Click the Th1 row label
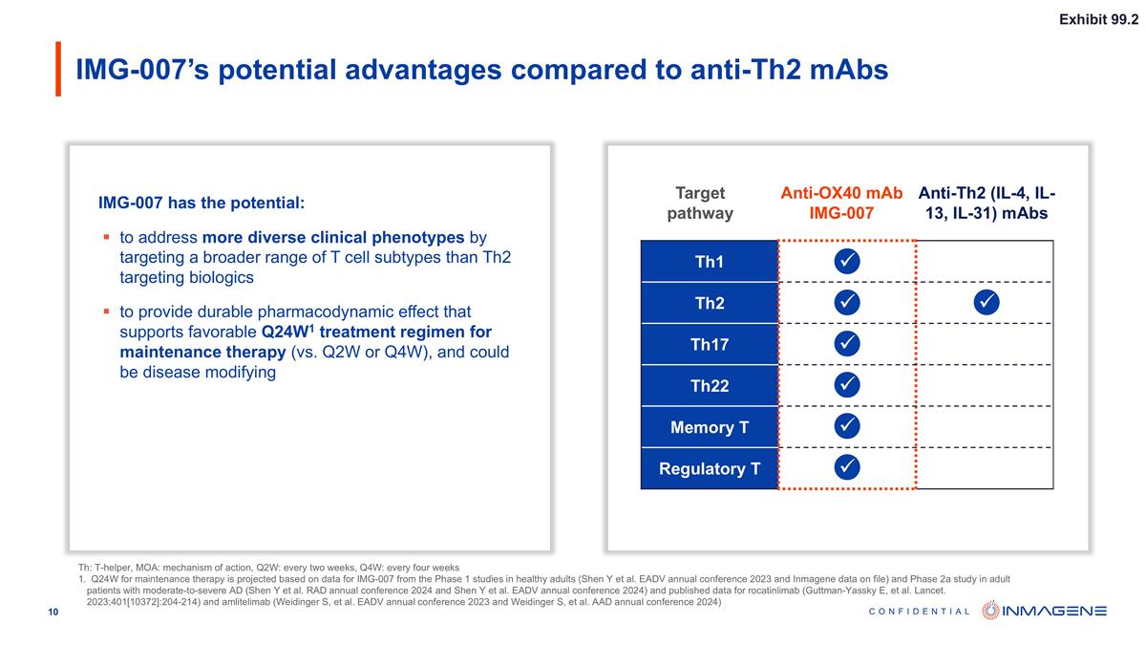point(709,262)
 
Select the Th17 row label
point(709,345)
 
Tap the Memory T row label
point(709,427)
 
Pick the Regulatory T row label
point(709,468)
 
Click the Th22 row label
point(709,386)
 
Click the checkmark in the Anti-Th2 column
point(987,302)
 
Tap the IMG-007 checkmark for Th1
point(846,261)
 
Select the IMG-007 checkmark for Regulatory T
point(846,466)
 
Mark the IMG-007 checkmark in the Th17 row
point(846,343)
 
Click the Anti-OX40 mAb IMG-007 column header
point(841,203)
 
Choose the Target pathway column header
point(700,203)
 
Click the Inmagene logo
point(1044,611)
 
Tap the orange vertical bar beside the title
point(58,69)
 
